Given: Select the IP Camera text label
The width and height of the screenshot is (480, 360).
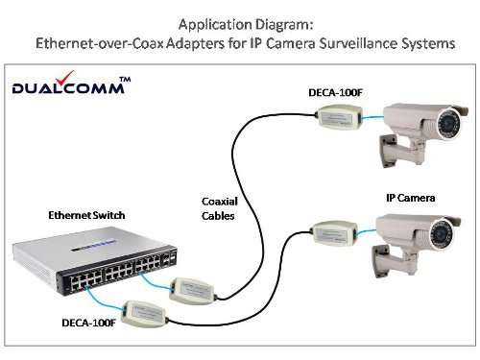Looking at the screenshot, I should click(412, 197).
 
